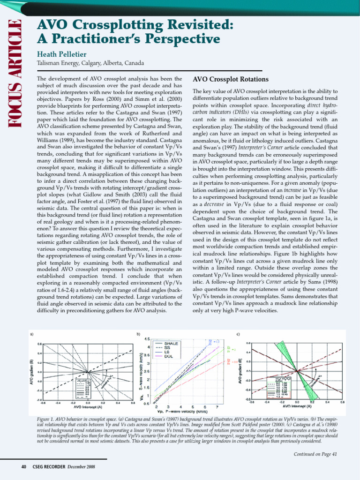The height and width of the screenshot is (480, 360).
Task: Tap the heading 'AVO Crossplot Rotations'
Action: point(231,79)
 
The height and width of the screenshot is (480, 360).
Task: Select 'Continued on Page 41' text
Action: point(315,454)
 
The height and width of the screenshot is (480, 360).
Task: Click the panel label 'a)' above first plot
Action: point(32,334)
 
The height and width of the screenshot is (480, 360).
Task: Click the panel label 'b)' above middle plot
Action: point(138,334)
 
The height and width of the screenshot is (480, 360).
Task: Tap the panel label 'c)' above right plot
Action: point(239,334)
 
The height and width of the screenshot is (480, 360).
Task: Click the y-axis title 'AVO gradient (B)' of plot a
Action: point(32,371)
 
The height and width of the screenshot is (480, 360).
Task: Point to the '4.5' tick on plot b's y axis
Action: point(147,339)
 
